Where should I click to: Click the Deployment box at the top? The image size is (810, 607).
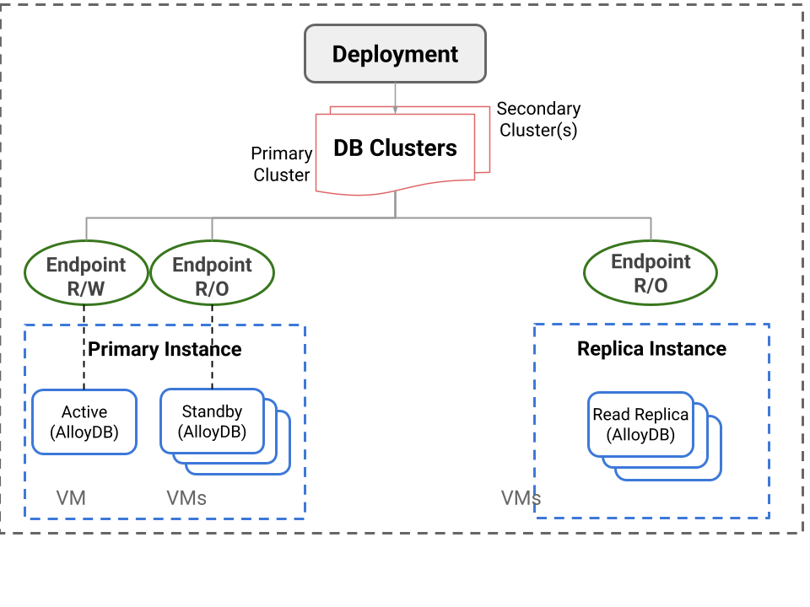(395, 54)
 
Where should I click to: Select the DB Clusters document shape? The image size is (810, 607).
(395, 148)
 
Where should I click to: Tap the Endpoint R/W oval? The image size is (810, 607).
(85, 276)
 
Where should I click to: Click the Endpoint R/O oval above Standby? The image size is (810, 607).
(212, 276)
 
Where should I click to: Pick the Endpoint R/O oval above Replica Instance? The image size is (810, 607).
(651, 274)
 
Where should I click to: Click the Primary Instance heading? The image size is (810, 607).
(165, 349)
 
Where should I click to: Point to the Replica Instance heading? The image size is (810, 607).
(651, 349)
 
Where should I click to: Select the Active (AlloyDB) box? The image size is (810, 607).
(84, 422)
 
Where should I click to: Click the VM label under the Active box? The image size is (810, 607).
(71, 498)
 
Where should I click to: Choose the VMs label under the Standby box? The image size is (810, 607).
(186, 498)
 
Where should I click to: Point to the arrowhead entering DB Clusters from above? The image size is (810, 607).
(395, 110)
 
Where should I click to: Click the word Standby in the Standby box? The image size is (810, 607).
(212, 412)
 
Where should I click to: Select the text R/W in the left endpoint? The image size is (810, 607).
(85, 288)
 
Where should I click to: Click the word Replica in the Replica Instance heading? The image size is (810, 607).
(609, 349)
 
